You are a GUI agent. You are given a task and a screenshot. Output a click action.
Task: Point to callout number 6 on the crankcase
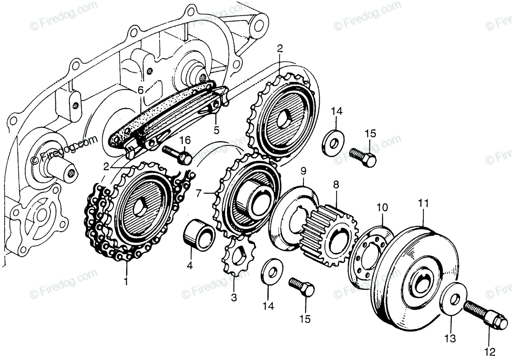[140, 91]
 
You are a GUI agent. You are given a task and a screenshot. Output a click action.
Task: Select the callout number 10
[382, 208]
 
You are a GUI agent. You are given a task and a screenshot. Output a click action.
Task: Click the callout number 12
[489, 352]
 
